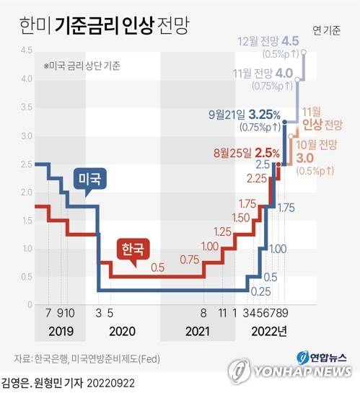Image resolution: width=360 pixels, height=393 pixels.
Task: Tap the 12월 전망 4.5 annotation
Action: pyautogui.click(x=273, y=41)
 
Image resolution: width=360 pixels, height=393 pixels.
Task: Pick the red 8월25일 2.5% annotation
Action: pyautogui.click(x=246, y=154)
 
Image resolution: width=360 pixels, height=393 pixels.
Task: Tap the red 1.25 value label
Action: pyautogui.click(x=223, y=231)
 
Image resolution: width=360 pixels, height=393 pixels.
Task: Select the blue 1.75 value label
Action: pyautogui.click(x=286, y=208)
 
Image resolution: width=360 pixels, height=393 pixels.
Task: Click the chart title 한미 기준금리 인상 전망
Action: pyautogui.click(x=96, y=25)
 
